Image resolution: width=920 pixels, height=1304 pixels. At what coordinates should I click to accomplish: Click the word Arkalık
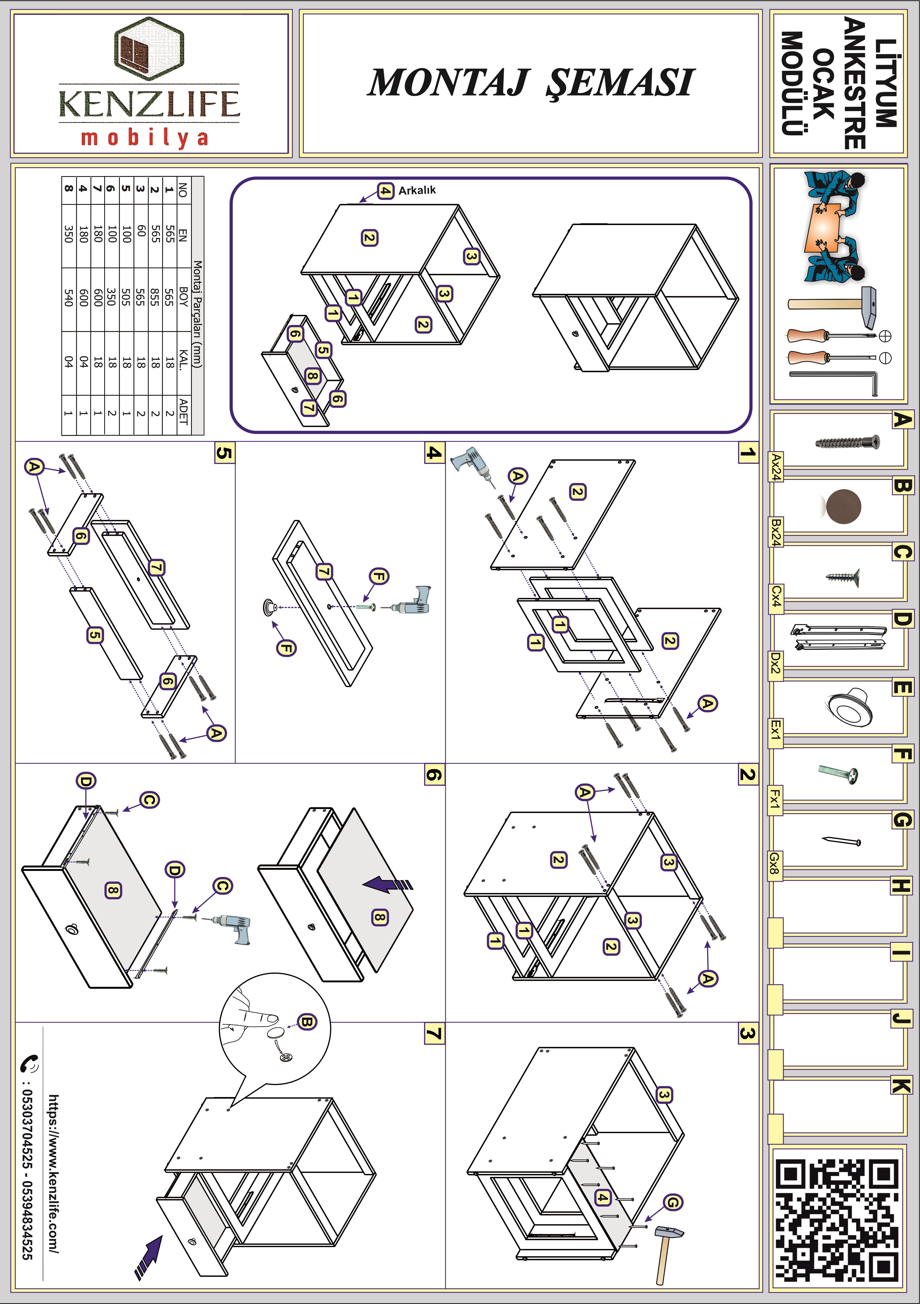417,190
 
